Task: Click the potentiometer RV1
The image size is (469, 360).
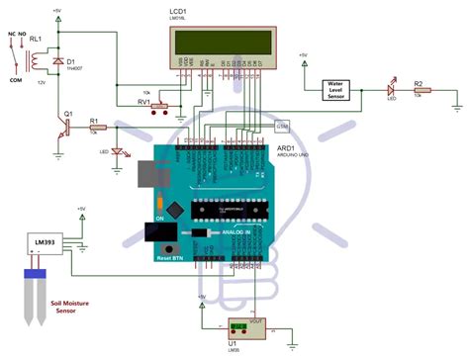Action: pyautogui.click(x=155, y=102)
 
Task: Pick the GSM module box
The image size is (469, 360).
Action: pyautogui.click(x=283, y=128)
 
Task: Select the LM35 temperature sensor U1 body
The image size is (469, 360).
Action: pyautogui.click(x=237, y=326)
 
